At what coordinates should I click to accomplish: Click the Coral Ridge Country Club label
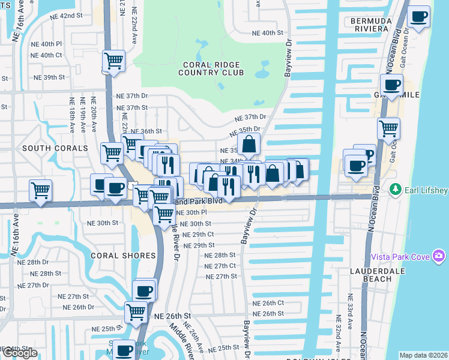pyautogui.click(x=211, y=68)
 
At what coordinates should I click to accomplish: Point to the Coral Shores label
pyautogui.click(x=123, y=256)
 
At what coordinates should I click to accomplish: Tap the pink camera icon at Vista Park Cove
pyautogui.click(x=439, y=256)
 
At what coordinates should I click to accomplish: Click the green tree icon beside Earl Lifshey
pyautogui.click(x=395, y=190)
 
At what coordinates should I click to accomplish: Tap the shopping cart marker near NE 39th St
pyautogui.click(x=113, y=61)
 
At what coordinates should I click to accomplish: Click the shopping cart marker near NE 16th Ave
pyautogui.click(x=40, y=191)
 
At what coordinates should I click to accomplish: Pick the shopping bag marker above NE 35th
pyautogui.click(x=249, y=145)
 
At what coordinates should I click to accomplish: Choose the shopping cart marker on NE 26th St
pyautogui.click(x=136, y=312)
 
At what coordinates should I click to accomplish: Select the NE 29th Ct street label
pyautogui.click(x=198, y=235)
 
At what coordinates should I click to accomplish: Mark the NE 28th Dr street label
pyautogui.click(x=37, y=262)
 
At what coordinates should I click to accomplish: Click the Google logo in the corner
pyautogui.click(x=20, y=353)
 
